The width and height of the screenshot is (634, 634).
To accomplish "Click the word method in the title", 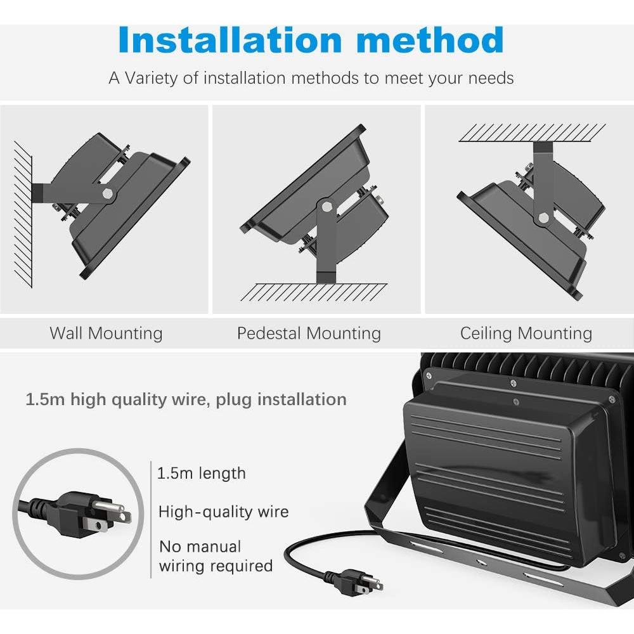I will (x=437, y=40).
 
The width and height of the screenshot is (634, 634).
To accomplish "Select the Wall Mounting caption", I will (x=106, y=333).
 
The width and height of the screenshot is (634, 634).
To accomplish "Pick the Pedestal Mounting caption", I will (x=309, y=333).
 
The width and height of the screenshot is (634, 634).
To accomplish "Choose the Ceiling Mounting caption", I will (x=526, y=333).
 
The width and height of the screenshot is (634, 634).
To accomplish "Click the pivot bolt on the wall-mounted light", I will (x=108, y=194).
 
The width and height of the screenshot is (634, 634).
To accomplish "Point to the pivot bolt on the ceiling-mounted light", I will (x=543, y=218).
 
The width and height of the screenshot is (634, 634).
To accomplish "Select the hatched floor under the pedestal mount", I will (x=315, y=292).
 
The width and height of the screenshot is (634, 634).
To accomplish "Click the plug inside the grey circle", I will (x=89, y=511).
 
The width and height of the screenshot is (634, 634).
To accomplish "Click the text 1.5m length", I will (x=201, y=473).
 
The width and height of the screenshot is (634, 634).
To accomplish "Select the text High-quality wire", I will (x=223, y=512).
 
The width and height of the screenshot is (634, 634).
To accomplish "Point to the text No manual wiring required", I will (x=216, y=556).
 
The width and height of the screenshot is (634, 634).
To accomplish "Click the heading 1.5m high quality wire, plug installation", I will (x=186, y=399).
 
